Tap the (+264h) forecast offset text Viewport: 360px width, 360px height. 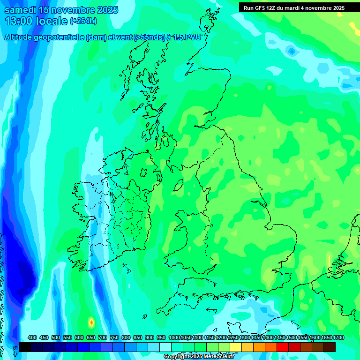[83, 21]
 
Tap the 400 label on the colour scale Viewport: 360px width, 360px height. [32, 337]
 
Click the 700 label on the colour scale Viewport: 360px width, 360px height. [103, 337]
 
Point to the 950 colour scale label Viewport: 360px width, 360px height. [161, 337]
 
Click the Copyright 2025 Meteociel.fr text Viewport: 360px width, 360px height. [200, 357]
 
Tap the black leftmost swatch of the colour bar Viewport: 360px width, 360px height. [25, 347]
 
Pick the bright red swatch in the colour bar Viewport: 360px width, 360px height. [283, 347]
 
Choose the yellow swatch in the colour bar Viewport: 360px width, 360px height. [236, 347]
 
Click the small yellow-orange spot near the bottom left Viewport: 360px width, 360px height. [91, 322]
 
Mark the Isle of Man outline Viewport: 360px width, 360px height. [178, 186]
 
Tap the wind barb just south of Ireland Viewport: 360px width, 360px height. [127, 268]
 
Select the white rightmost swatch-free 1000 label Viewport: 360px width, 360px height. [174, 337]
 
